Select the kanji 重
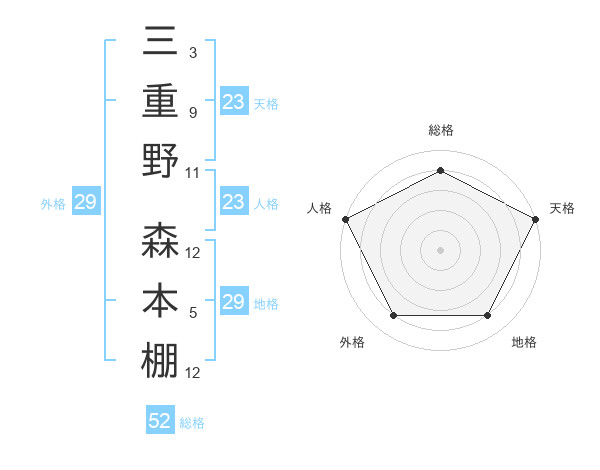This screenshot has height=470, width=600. tap(161, 100)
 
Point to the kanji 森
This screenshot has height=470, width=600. tap(161, 240)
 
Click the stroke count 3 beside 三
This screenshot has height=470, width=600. tap(192, 51)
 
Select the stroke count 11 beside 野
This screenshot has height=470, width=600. tap(194, 172)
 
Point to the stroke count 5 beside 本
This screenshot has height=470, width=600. tap(192, 314)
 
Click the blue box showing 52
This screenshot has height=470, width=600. tap(160, 421)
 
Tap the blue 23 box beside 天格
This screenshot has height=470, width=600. tap(234, 102)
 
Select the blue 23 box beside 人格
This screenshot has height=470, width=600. tap(234, 203)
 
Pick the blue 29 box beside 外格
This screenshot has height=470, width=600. tap(86, 203)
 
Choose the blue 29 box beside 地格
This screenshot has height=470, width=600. tap(234, 302)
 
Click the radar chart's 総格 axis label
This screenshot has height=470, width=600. tap(440, 131)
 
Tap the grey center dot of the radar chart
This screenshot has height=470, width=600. tap(440, 249)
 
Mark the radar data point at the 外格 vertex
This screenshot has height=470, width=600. tap(393, 316)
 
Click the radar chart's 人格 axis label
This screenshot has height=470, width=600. tap(321, 208)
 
